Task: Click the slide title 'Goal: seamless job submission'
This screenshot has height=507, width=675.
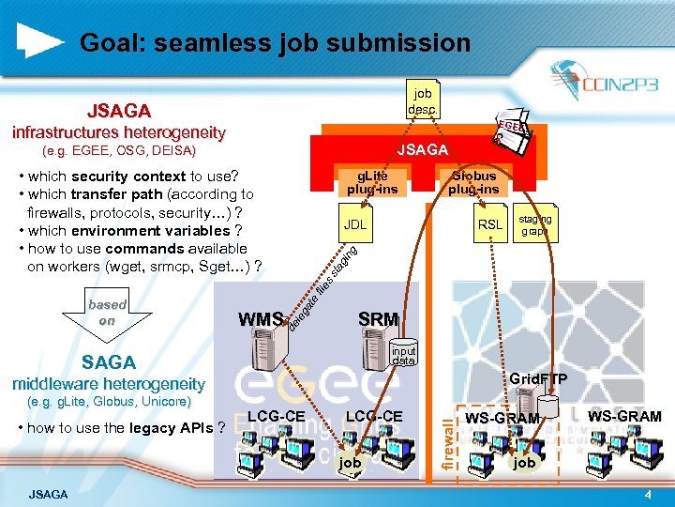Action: pyautogui.click(x=275, y=43)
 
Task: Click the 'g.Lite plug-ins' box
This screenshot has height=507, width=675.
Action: pyautogui.click(x=372, y=182)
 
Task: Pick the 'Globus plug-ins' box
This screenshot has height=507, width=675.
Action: pyautogui.click(x=473, y=182)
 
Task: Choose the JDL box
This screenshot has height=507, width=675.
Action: pyautogui.click(x=355, y=225)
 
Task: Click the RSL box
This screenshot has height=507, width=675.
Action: pyautogui.click(x=490, y=225)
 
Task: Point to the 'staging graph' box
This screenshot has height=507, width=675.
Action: pyautogui.click(x=536, y=224)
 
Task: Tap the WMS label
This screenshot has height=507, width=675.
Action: pyautogui.click(x=262, y=319)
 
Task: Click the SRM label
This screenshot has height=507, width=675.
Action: pyautogui.click(x=378, y=319)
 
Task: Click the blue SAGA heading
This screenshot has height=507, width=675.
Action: pyautogui.click(x=109, y=362)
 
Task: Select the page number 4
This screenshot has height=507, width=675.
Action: pyautogui.click(x=647, y=494)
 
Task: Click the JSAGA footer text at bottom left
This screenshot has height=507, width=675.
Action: pyautogui.click(x=48, y=494)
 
